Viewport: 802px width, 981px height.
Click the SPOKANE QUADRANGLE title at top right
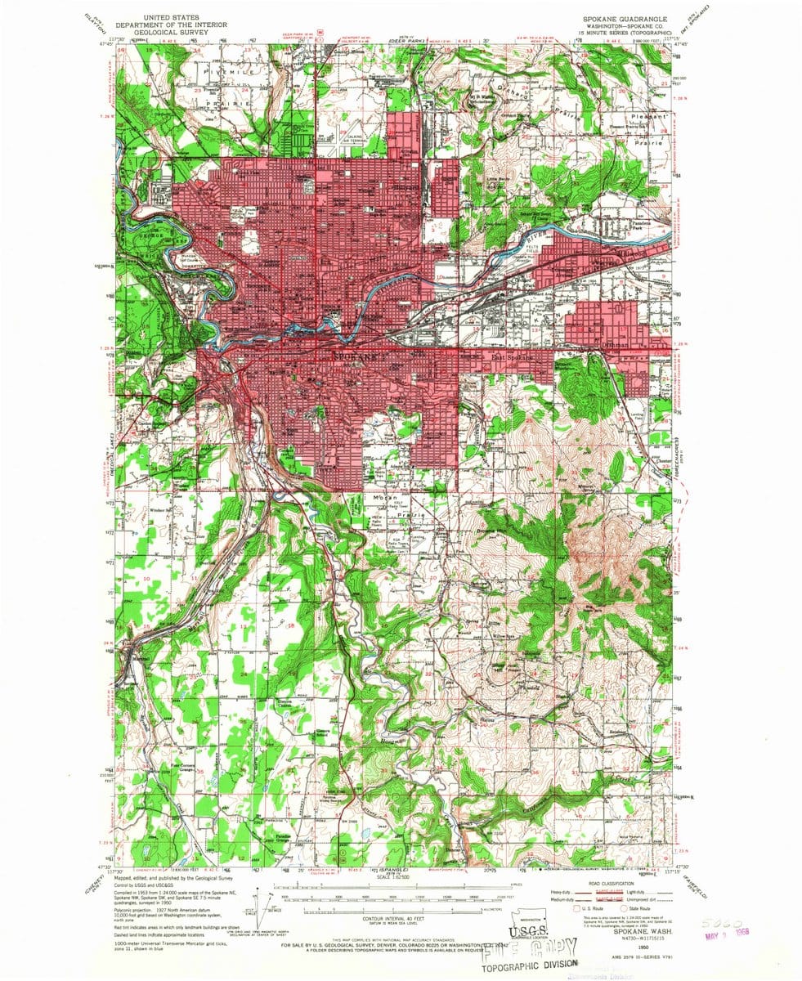[626, 17]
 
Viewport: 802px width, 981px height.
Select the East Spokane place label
[512, 357]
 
